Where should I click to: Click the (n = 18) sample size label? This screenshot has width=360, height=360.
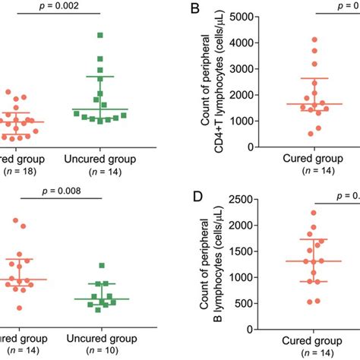pyautogui.click(x=25, y=173)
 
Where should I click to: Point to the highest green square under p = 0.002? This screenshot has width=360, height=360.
pyautogui.click(x=100, y=35)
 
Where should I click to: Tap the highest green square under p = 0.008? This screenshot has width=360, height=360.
pyautogui.click(x=102, y=265)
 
